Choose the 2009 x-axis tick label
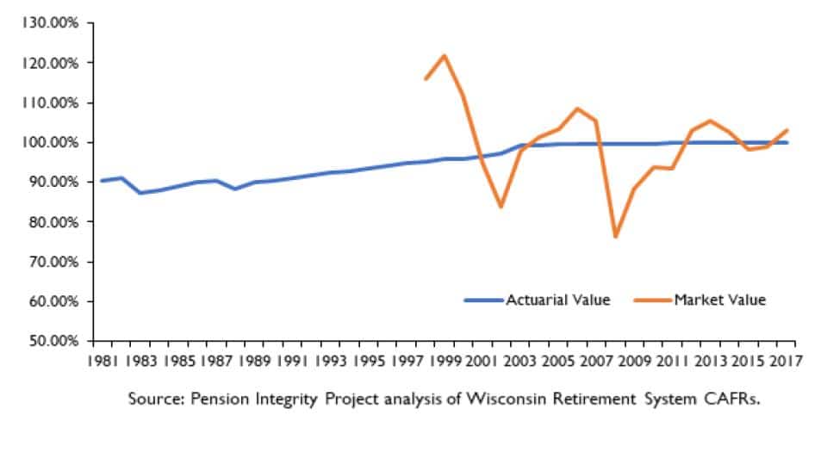[635, 361]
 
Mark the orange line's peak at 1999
[445, 56]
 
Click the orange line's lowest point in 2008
[616, 236]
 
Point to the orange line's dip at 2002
[501, 207]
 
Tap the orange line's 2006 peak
[577, 108]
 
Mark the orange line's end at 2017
[787, 130]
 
